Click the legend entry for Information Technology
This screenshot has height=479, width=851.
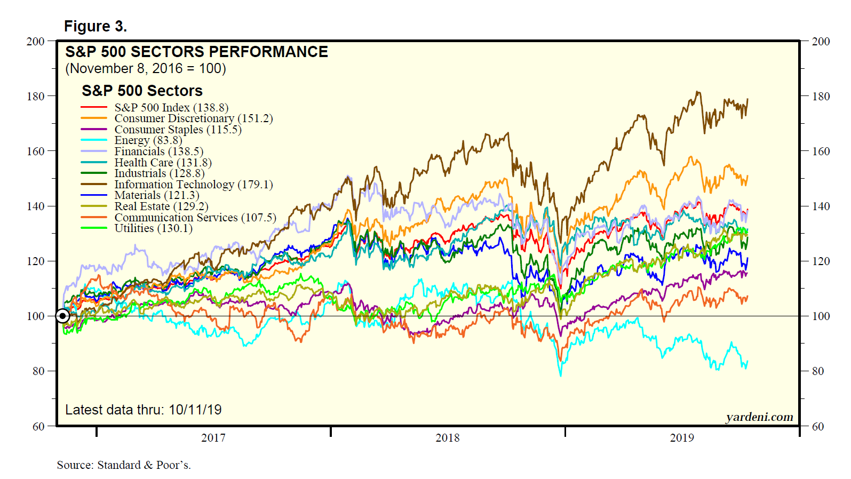point(193,185)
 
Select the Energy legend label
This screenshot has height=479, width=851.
point(148,140)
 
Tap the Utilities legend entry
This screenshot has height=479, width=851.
point(153,228)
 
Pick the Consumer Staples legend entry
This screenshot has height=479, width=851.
point(178,130)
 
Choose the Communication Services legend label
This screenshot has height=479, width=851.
point(195,218)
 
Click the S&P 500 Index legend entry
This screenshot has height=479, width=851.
point(171,108)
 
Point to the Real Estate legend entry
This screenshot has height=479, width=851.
point(161,206)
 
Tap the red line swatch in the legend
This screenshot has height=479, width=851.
point(94,108)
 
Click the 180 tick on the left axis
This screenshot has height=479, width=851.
point(36,97)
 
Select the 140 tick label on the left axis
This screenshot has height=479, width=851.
point(36,206)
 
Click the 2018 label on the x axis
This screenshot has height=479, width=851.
point(447,438)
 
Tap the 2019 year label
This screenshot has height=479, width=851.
point(682,438)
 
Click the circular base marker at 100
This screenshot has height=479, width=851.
point(63,316)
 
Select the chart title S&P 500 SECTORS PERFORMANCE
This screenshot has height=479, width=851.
point(196,52)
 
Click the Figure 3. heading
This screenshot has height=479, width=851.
point(96,26)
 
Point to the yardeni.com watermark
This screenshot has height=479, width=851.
point(759,417)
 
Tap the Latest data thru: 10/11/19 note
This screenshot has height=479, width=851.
point(143,410)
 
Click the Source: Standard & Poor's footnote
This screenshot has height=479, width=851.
point(124,465)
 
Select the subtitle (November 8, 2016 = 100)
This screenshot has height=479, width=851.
point(145,69)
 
